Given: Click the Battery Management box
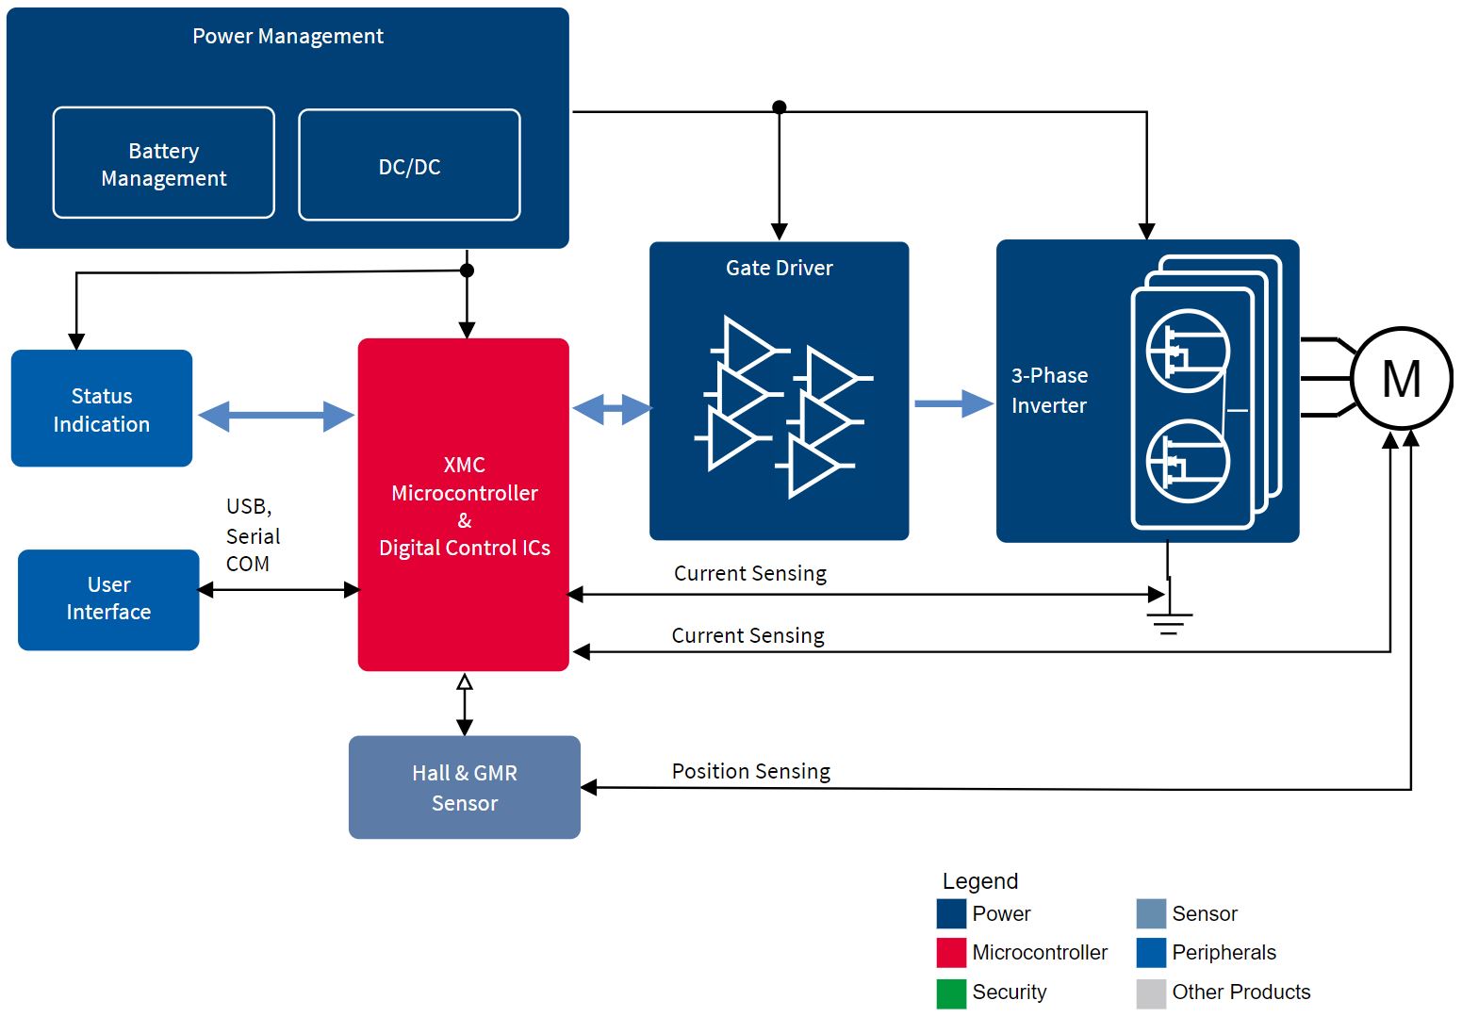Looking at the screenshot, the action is point(164,162).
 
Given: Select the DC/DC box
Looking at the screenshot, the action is point(409,165).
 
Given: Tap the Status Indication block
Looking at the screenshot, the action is point(102,409).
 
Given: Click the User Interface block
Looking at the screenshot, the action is point(108,599).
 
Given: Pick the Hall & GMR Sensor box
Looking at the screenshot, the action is point(465,787).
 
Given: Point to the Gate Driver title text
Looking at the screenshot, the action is point(780,269).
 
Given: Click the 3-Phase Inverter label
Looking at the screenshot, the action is point(1049,390).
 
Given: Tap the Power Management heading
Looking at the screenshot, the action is point(287,36).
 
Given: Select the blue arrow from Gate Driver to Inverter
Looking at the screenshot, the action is point(954,403).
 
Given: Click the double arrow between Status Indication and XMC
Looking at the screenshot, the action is point(276,416).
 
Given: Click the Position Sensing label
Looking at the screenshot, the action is point(751,772).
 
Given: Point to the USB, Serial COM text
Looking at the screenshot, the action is point(253,535).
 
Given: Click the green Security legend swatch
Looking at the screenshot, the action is point(951,993).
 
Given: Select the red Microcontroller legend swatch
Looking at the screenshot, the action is point(951,953).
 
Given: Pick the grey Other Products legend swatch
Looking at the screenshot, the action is point(1151,993).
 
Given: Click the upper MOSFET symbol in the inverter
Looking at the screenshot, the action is point(1188,352).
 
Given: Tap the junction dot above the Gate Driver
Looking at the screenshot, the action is point(780,107).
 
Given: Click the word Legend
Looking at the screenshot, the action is point(979,882).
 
